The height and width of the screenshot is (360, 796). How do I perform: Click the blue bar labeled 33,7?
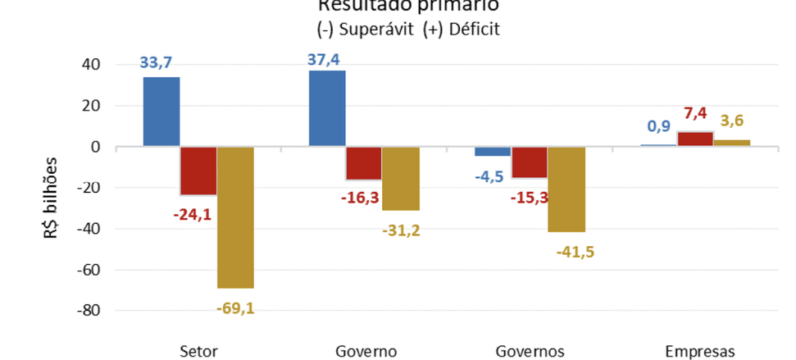[x=161, y=112]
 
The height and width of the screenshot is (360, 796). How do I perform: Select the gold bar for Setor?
[x=236, y=217]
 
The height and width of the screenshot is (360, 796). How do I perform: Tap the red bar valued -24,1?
[x=198, y=171]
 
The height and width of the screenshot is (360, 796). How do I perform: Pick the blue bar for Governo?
[x=327, y=108]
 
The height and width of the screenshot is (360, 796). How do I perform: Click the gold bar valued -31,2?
[x=401, y=179]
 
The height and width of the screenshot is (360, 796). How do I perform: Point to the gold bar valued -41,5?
[x=566, y=189]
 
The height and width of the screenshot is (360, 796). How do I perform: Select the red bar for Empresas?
[x=695, y=139]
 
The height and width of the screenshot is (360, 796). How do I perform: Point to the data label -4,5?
[x=491, y=175]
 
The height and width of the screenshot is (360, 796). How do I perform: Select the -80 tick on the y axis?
[x=87, y=311]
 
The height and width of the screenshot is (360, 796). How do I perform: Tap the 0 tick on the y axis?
[x=96, y=147]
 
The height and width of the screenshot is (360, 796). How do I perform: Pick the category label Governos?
[x=530, y=351]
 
